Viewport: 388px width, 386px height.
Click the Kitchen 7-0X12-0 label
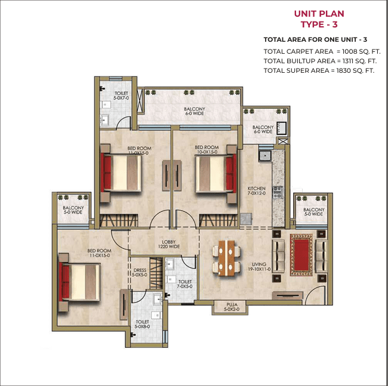point(256,191)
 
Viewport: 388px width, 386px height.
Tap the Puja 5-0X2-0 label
point(232,307)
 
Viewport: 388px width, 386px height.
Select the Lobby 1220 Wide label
point(169,244)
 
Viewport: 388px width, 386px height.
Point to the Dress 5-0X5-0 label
point(139,273)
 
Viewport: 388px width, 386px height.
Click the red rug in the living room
point(301,255)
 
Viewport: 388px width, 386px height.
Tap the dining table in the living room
point(226,258)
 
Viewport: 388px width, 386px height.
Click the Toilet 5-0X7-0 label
point(121,95)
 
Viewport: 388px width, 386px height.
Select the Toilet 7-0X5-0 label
point(184,284)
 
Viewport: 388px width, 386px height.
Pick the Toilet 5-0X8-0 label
point(142,324)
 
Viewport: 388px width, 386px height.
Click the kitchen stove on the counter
point(278,192)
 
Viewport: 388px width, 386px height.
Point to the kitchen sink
point(265,156)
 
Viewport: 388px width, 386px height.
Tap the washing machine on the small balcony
point(281,128)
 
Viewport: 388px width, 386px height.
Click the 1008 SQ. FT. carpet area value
point(361,51)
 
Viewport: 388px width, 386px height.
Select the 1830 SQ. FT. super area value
point(355,70)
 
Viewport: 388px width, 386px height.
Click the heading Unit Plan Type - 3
point(319,19)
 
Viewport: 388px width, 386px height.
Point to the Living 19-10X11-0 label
point(259,267)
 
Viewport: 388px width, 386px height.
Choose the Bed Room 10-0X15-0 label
point(207,150)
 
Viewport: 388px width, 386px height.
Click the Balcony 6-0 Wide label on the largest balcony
point(195,112)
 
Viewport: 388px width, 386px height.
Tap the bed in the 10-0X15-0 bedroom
point(215,173)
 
